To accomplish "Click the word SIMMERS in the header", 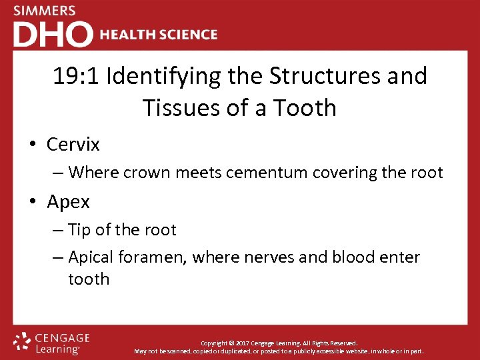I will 45,11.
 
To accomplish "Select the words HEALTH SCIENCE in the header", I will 159,35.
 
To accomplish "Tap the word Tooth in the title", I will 306,107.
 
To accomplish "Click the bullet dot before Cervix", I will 33,145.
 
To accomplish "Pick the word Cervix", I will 73,144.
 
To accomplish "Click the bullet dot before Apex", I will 33,202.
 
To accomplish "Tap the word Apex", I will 69,201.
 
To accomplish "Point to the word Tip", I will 79,230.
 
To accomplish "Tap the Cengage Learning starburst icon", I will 23,343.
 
